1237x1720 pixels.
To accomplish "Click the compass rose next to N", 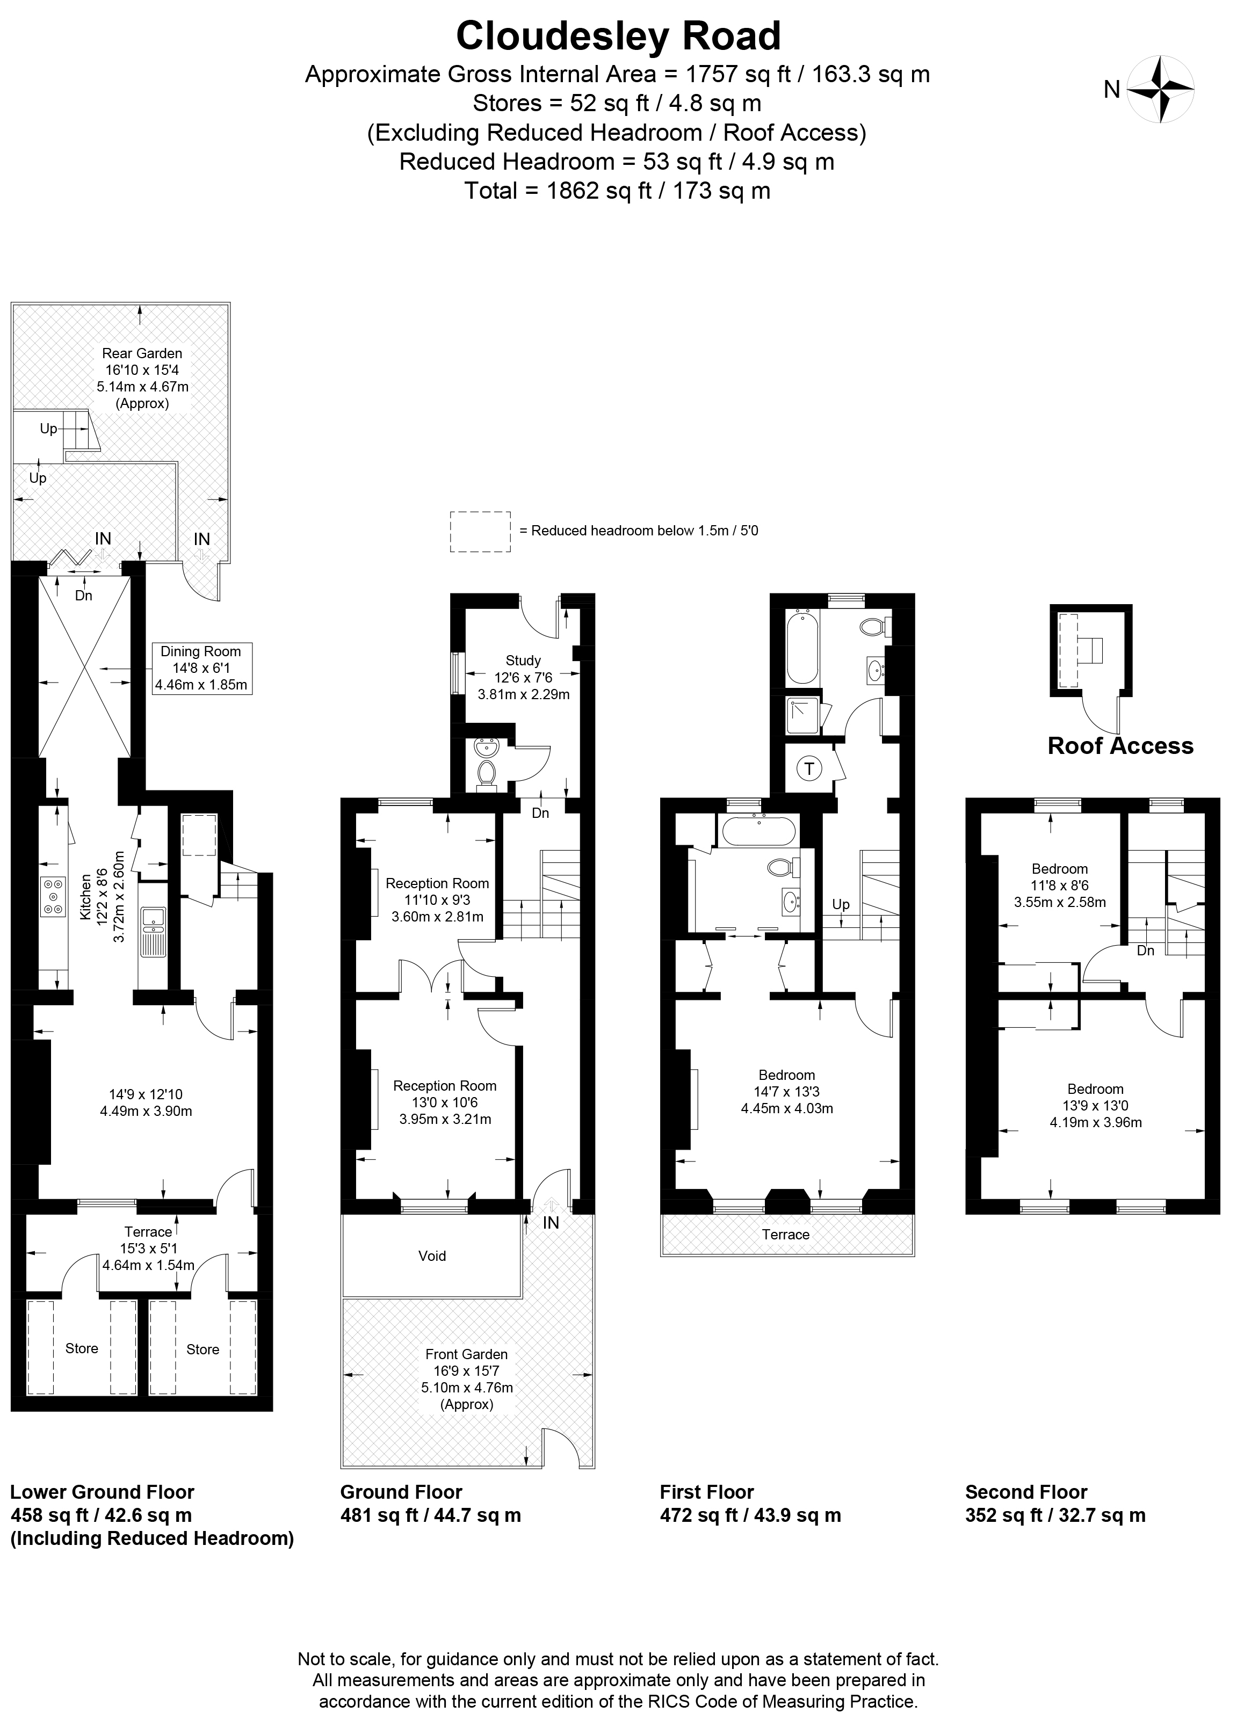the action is [x=1160, y=90].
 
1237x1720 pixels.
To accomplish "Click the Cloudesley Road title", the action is [x=618, y=35].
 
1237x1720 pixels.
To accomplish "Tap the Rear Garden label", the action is [x=142, y=353].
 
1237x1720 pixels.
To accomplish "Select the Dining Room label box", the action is [x=201, y=668].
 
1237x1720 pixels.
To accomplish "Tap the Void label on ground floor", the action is [x=432, y=1256].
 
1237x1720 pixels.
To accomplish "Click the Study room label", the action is [x=523, y=661].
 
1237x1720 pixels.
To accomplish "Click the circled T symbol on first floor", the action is [x=809, y=769].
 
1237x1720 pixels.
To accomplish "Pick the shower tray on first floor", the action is [x=803, y=716].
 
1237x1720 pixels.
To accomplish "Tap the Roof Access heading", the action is [x=1120, y=745].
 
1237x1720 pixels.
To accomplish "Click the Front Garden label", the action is [x=466, y=1354].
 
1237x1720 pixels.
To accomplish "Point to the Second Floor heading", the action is [x=1026, y=1492].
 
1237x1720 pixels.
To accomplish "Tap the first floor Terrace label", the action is [x=786, y=1235].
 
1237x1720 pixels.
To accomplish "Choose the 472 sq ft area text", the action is [x=750, y=1515].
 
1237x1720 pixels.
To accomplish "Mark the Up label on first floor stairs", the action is [x=841, y=904].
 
